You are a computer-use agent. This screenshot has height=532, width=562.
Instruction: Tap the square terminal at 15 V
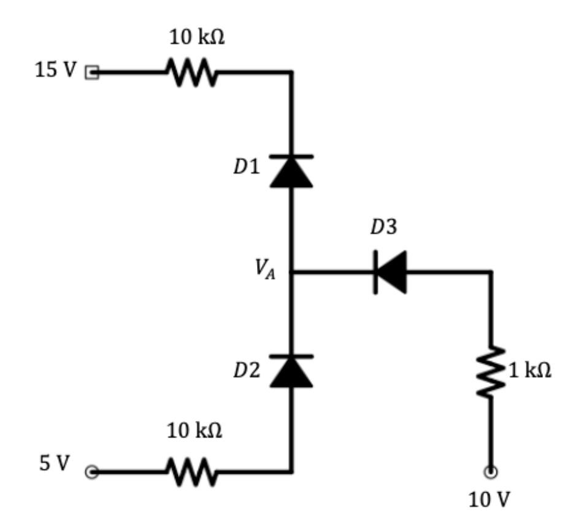coord(91,72)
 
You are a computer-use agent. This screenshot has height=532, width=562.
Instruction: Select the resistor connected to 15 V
coord(190,73)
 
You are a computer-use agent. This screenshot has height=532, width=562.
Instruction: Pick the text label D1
coord(247,168)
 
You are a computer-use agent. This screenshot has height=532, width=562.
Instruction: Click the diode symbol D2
coord(291,371)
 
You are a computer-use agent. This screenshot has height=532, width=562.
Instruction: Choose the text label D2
coord(247,370)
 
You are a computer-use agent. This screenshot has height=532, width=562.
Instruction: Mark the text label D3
coord(383,227)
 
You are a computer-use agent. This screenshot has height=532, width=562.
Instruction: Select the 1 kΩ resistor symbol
coord(491,371)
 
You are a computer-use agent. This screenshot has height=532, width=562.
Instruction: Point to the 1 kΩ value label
coord(530,370)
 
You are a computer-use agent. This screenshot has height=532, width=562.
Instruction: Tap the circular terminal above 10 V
coord(491,472)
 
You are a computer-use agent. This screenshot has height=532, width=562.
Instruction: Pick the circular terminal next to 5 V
coord(91,472)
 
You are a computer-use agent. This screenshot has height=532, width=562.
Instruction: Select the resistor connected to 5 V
coord(190,472)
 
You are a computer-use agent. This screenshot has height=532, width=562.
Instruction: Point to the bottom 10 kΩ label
coord(195,431)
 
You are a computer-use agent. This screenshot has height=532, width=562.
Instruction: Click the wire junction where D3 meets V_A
coord(291,271)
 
